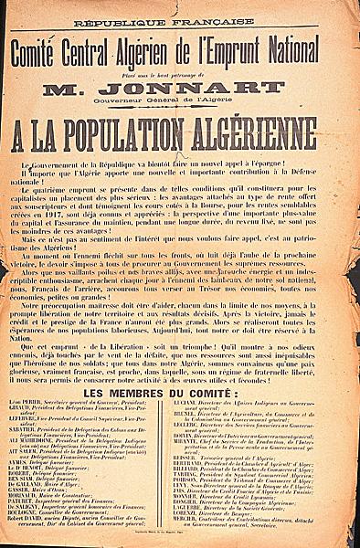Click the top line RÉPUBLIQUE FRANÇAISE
pos(178,20)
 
